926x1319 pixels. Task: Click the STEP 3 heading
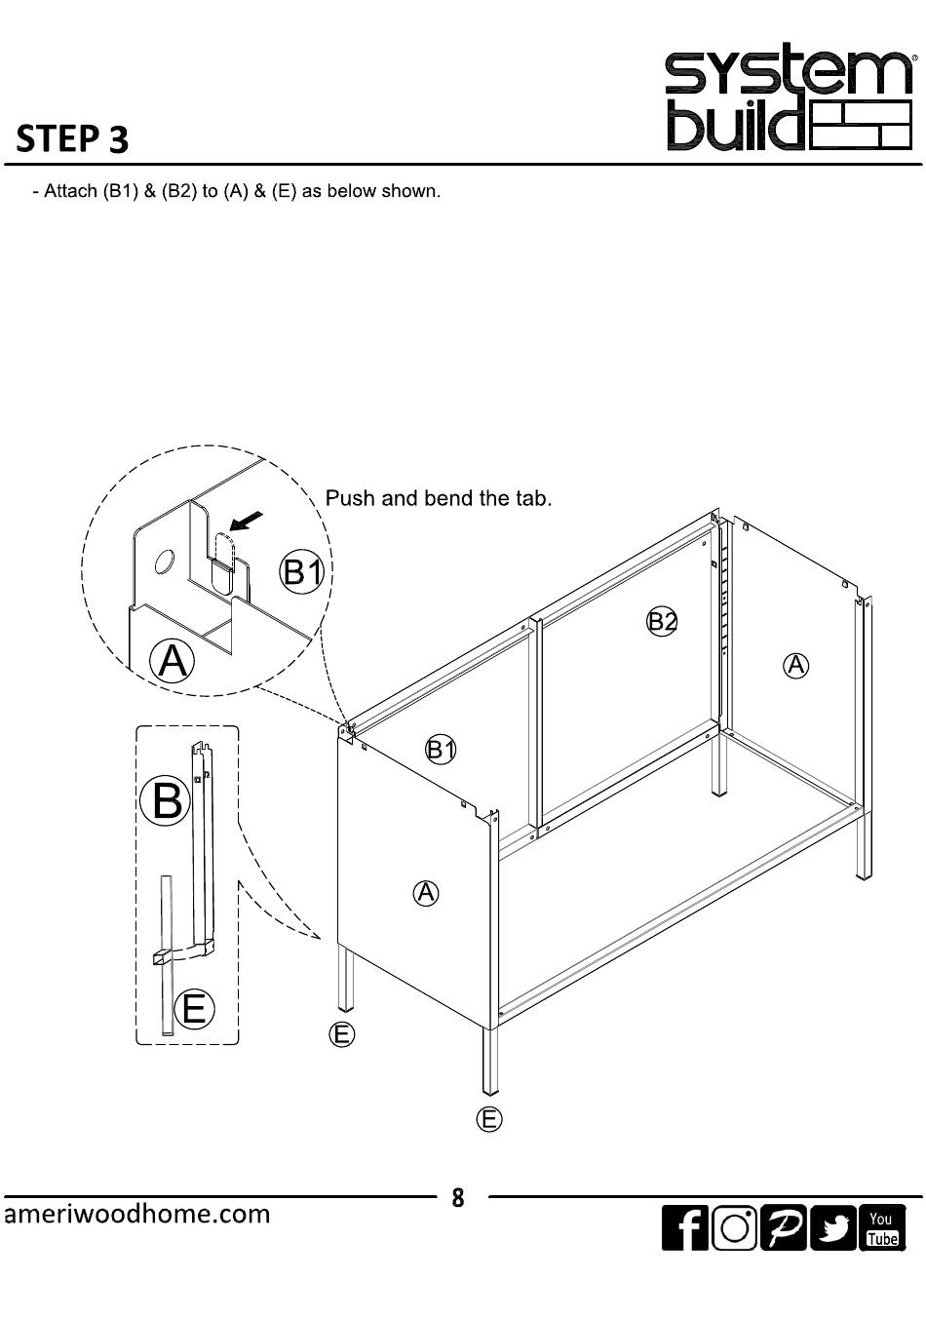point(72,139)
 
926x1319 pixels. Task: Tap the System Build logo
point(789,100)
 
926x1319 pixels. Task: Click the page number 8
point(458,1198)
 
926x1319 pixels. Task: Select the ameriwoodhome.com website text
point(137,1214)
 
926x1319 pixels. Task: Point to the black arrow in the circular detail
point(245,521)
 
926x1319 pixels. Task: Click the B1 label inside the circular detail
point(302,571)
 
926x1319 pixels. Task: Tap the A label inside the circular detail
point(172,661)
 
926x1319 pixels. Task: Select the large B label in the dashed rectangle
point(167,799)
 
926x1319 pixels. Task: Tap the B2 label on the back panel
point(662,621)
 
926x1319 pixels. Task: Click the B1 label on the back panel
point(441,750)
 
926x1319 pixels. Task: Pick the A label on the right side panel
point(795,666)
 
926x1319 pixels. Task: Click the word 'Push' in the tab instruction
point(351,498)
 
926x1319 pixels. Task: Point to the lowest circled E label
point(489,1119)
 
